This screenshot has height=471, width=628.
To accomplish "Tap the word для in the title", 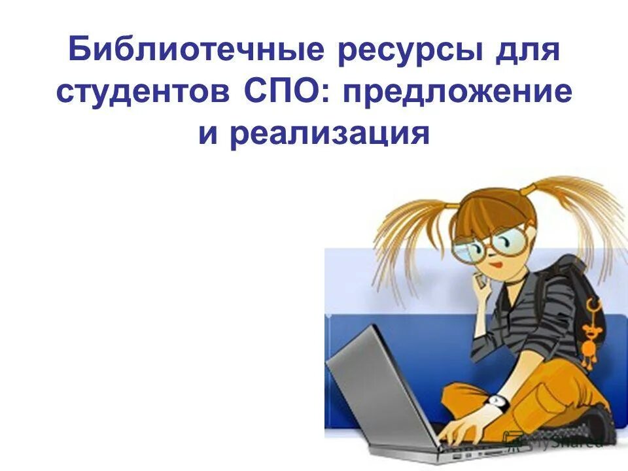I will tap(529, 51).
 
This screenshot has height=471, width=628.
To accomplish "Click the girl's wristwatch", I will tap(498, 401).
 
